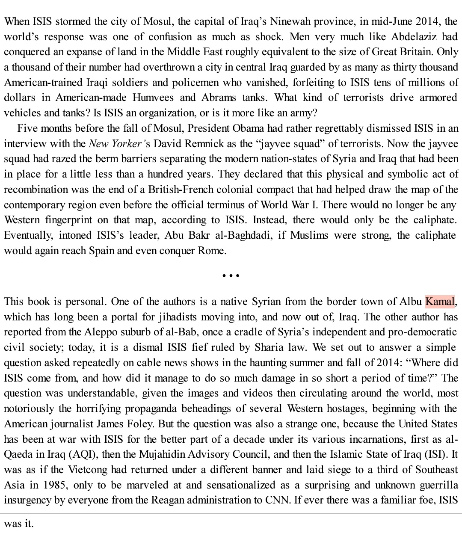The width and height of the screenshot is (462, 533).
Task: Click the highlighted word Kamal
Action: tap(439, 302)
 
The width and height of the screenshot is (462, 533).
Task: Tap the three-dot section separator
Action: tap(231, 276)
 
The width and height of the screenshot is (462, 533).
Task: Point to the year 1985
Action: tap(54, 485)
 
